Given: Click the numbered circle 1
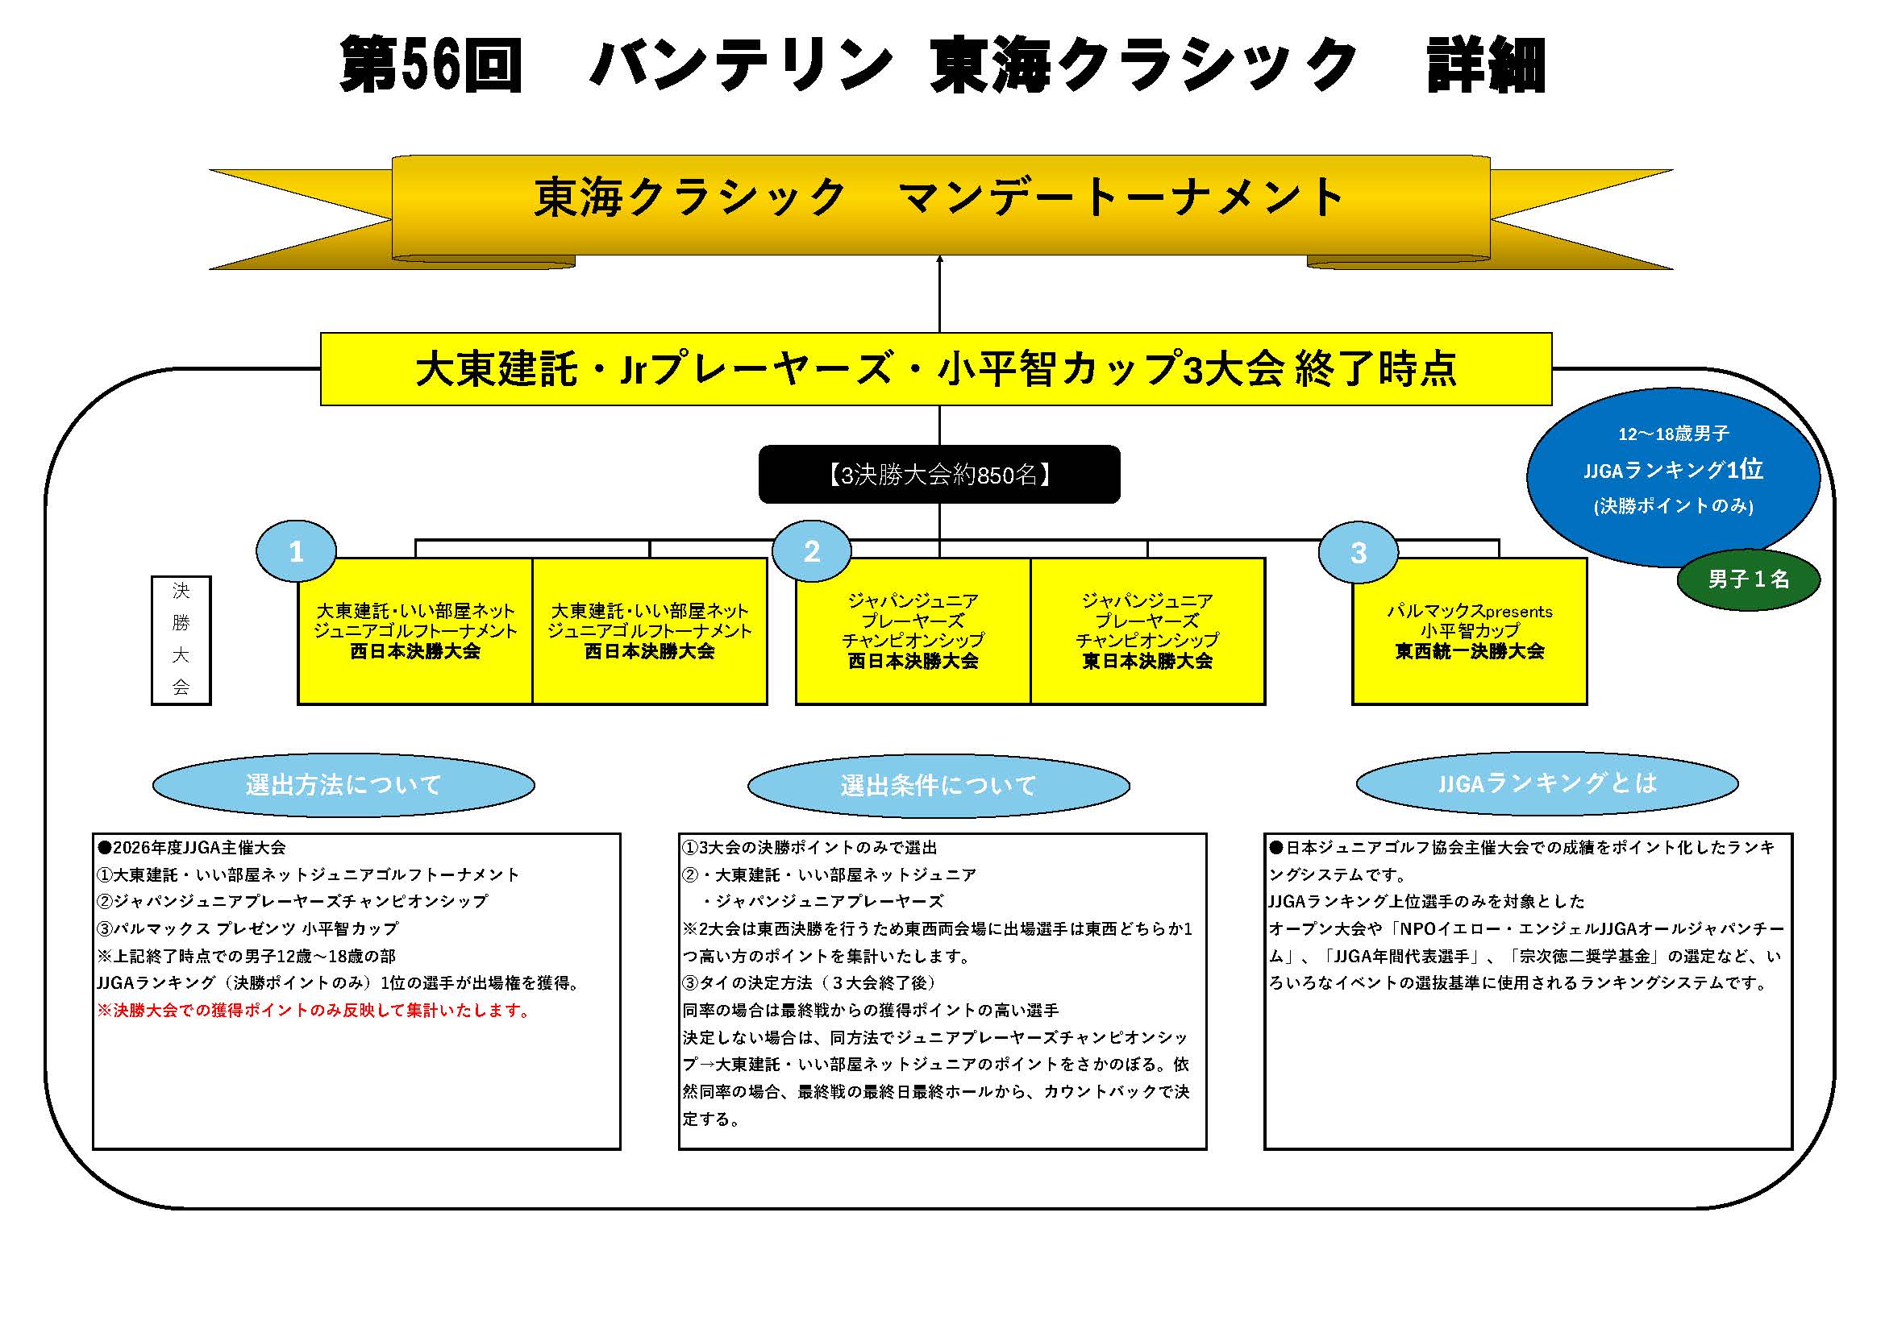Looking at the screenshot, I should (297, 551).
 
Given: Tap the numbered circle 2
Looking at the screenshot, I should (811, 551).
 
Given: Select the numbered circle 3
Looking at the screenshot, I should (1358, 552).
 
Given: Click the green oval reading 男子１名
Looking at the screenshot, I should (1748, 579).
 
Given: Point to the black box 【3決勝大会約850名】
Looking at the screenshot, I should (939, 475).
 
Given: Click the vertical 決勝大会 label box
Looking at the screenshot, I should (181, 640).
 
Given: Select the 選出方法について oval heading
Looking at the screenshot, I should (343, 785).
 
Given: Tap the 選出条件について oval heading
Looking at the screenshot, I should (938, 786).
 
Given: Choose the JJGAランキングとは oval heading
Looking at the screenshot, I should (1546, 783).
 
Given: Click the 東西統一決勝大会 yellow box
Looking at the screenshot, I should (1470, 631).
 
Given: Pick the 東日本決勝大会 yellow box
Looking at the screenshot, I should (1147, 631).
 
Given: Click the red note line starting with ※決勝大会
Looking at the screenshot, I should (314, 1011).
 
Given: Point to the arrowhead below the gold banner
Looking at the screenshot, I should (939, 260).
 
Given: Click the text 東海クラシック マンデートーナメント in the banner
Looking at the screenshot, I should (939, 197).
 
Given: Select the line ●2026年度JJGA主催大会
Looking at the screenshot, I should (192, 847).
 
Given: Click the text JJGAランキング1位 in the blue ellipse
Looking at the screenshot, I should (1673, 470).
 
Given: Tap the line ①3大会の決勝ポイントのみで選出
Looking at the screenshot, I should (809, 847).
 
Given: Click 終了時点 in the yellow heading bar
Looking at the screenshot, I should (1376, 368).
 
